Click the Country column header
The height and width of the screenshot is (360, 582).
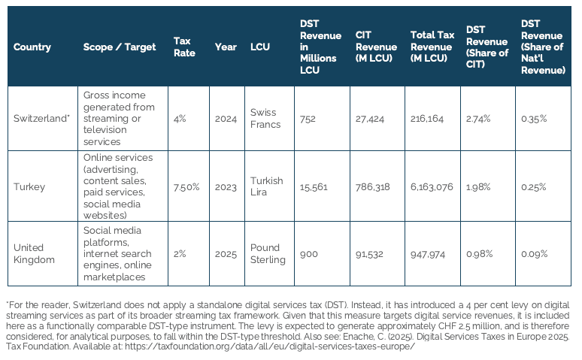tap(32, 47)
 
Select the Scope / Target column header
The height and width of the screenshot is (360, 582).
tap(120, 47)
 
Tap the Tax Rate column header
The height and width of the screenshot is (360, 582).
tap(184, 47)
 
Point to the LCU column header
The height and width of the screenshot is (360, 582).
tap(260, 47)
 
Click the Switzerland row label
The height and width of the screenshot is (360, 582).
tap(41, 119)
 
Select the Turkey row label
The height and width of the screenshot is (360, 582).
tap(29, 186)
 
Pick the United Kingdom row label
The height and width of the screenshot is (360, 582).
tap(34, 253)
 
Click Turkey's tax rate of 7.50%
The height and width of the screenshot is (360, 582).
tap(186, 186)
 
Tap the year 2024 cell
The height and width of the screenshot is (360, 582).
tap(226, 119)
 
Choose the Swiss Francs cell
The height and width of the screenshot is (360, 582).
tap(265, 119)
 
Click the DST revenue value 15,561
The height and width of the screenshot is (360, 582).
tap(314, 187)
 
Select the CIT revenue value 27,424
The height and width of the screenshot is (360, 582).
tap(370, 119)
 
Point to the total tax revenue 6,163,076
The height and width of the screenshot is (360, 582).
tap(432, 187)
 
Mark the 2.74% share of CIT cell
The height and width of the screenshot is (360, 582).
tap(478, 119)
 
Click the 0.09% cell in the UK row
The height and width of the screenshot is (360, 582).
tap(534, 254)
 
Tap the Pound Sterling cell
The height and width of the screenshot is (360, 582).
tap(268, 253)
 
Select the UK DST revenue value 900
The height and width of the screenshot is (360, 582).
tap(309, 254)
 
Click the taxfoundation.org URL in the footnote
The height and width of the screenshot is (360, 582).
tap(270, 346)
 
